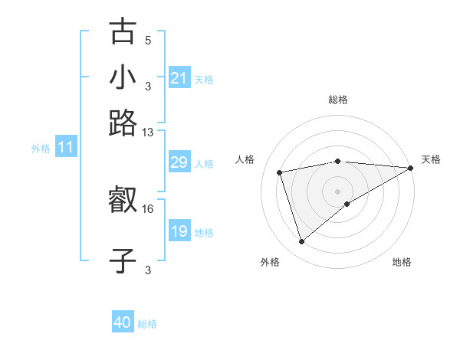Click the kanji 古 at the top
click(x=123, y=32)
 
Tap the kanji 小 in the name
click(x=123, y=78)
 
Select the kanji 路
click(x=123, y=123)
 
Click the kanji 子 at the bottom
click(x=123, y=260)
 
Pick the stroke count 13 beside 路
click(x=148, y=133)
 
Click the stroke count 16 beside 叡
click(x=148, y=208)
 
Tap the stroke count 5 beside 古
click(x=148, y=40)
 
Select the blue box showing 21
click(x=179, y=78)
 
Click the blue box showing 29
click(x=179, y=162)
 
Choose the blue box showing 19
click(x=179, y=231)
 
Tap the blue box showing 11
click(x=66, y=148)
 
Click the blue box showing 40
click(x=123, y=322)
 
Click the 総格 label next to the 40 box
click(x=147, y=324)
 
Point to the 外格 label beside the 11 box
click(x=41, y=149)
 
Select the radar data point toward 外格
click(x=301, y=242)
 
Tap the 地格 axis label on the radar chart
click(x=402, y=263)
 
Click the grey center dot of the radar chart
click(x=337, y=190)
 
